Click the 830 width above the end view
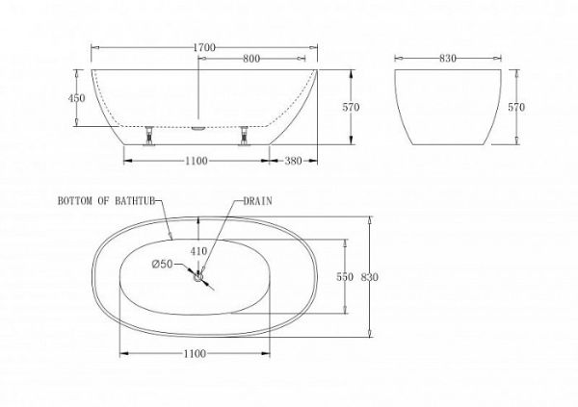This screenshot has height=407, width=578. [x=447, y=59]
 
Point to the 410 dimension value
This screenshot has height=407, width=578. [x=197, y=252]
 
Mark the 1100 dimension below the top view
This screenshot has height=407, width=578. [x=196, y=354]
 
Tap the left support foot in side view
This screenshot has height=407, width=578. [x=150, y=136]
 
